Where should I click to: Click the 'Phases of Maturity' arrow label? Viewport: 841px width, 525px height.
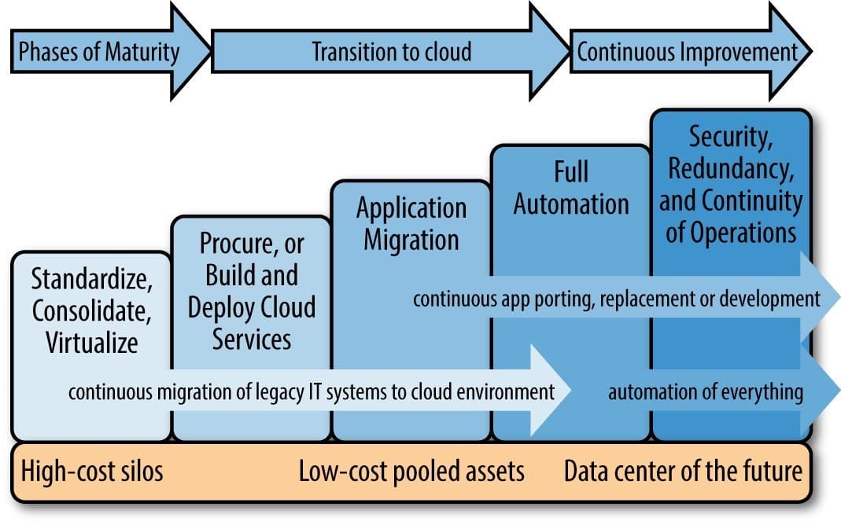[x=99, y=53]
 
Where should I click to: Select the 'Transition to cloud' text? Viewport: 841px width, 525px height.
[x=391, y=53]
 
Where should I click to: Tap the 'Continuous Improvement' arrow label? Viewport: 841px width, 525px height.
[x=688, y=53]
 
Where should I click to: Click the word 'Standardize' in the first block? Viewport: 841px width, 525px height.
[x=91, y=278]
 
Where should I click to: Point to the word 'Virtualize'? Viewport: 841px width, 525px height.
[x=91, y=342]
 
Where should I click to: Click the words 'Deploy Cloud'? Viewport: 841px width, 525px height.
[x=251, y=307]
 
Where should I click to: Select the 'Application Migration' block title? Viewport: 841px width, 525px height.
[x=411, y=223]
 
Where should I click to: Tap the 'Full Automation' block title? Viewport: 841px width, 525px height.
[x=570, y=189]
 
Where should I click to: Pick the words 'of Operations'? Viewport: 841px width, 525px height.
[x=731, y=233]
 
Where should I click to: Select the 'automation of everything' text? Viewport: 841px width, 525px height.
[x=706, y=391]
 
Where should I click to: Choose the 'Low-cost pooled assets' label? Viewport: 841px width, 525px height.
[x=411, y=472]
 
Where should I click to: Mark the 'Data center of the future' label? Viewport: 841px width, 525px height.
[x=683, y=472]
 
